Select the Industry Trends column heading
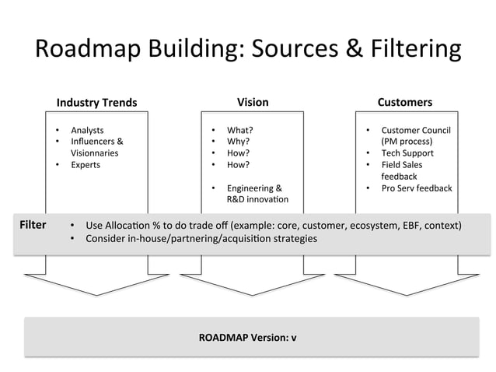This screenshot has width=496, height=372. tap(96, 103)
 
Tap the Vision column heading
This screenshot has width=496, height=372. tap(253, 102)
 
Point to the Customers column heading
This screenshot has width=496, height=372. tap(404, 102)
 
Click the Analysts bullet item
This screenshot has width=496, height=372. tap(87, 130)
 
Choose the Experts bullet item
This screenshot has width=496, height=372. tap(86, 165)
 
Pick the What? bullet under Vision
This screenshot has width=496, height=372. tap(239, 130)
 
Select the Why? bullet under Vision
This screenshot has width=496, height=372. tap(239, 142)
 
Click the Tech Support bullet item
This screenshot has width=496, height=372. tap(407, 153)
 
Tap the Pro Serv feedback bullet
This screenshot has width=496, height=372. tap(416, 188)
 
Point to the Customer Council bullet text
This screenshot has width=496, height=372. tap(415, 130)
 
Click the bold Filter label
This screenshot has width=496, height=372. tap(33, 225)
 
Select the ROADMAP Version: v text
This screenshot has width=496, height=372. tap(247, 338)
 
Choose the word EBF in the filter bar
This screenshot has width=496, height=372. tap(400, 226)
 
